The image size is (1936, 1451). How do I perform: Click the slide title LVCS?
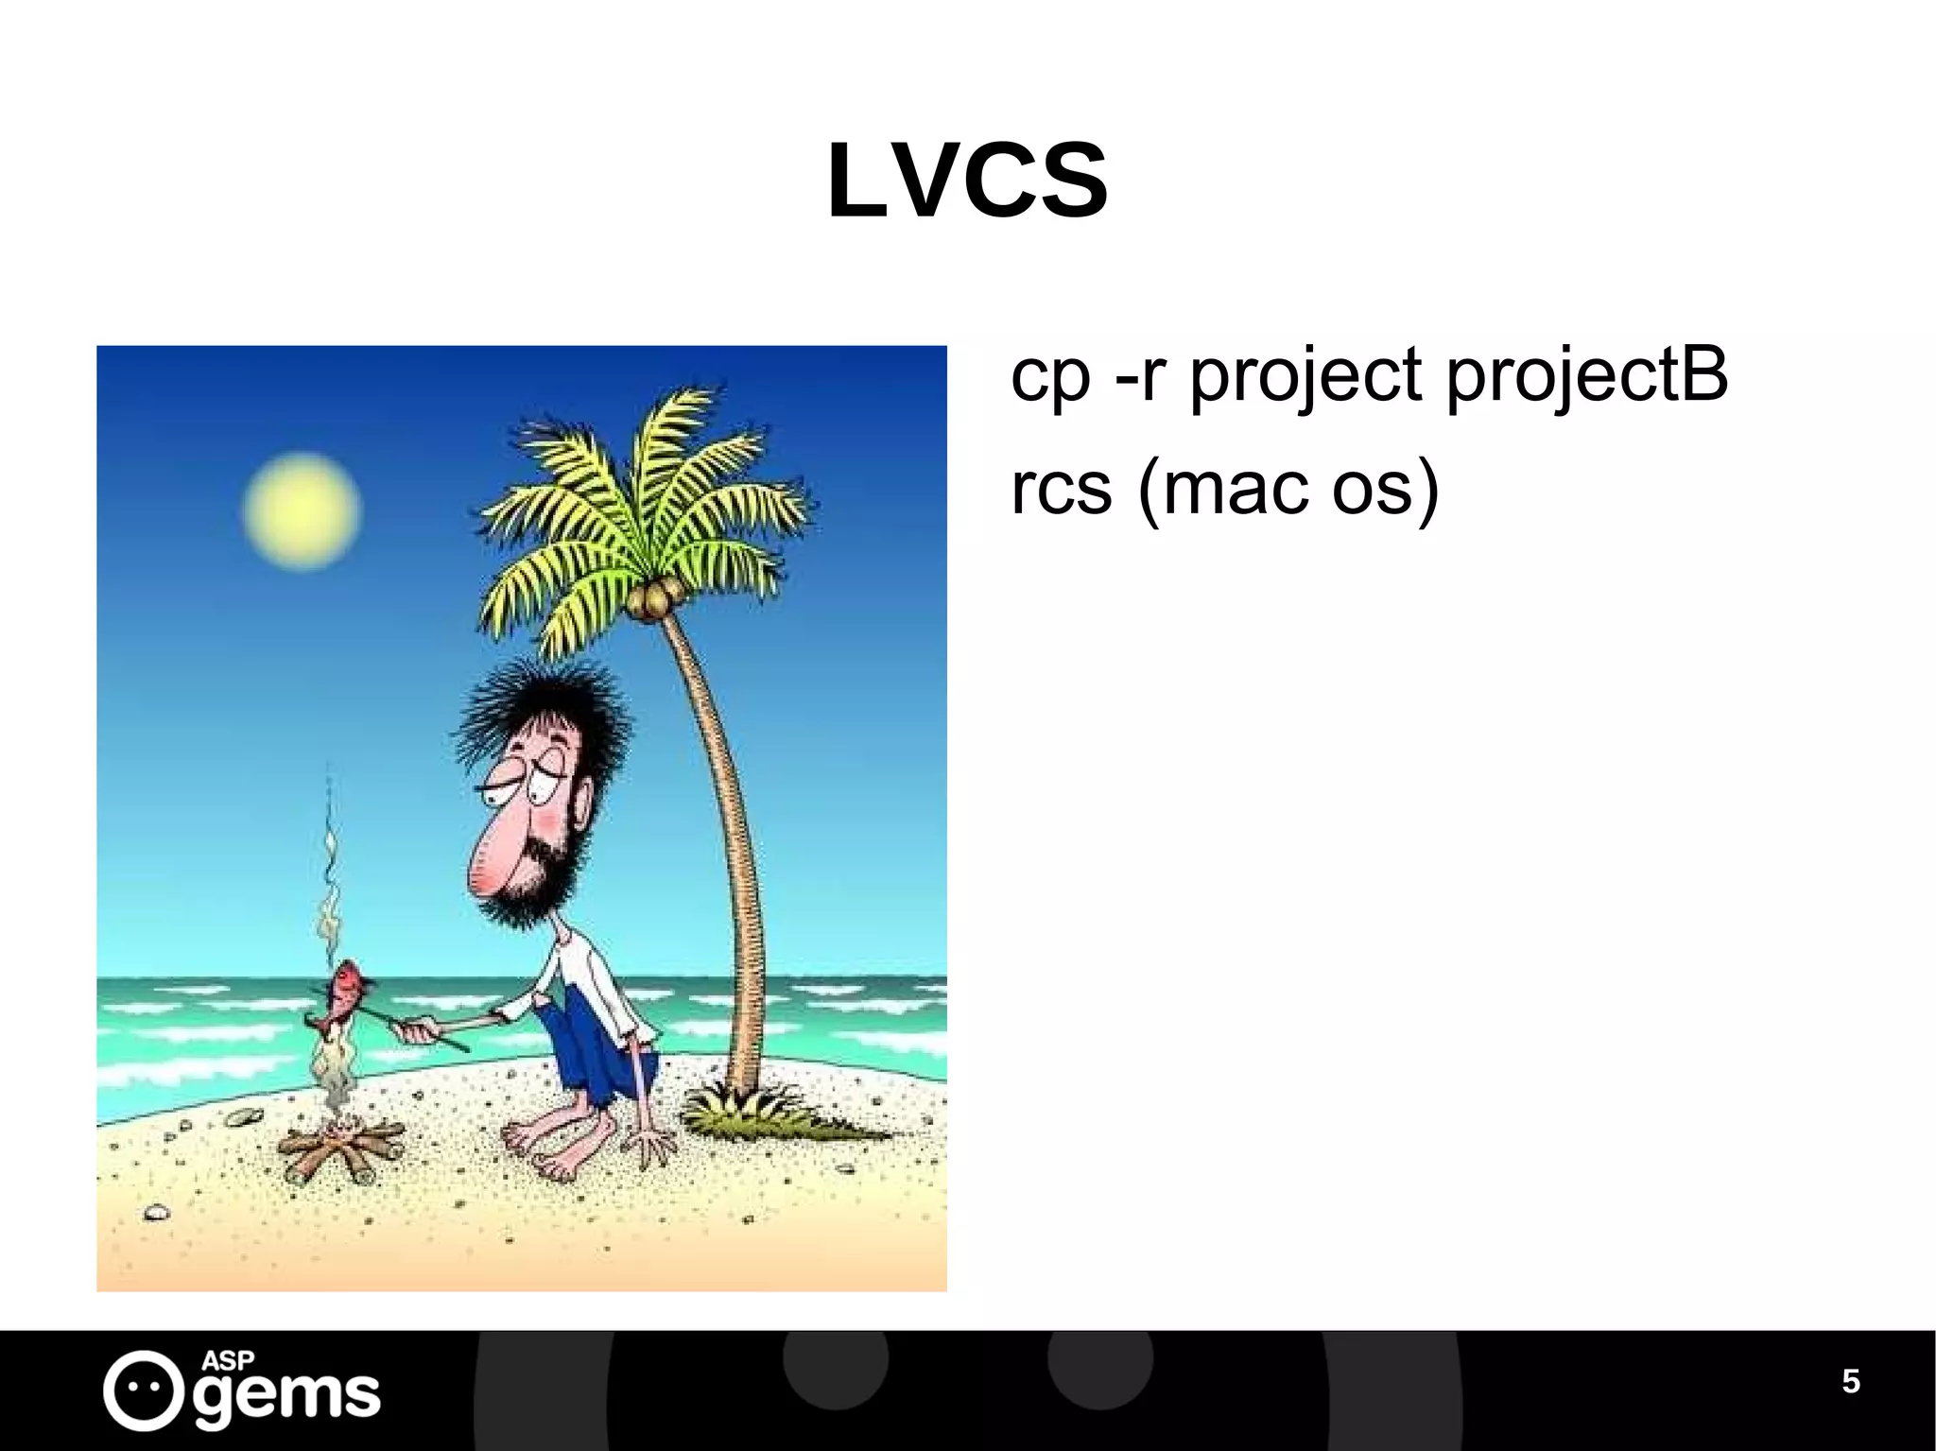pos(967,181)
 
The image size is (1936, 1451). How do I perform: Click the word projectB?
pos(1587,374)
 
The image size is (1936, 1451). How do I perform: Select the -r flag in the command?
pos(1137,375)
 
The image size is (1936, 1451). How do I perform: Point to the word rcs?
pos(1061,490)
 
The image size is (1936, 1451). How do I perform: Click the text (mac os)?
pos(1288,490)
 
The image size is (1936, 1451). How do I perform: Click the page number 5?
pos(1850,1381)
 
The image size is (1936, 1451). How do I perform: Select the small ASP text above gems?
pos(228,1359)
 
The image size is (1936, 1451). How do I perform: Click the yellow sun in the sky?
pos(301,510)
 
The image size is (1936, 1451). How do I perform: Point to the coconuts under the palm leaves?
pos(650,599)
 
